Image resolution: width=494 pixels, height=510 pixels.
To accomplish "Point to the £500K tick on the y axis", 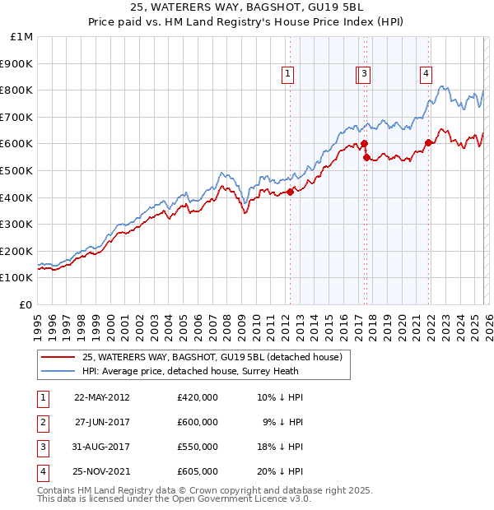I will (16, 170).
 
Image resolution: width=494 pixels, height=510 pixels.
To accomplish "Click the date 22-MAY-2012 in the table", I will (102, 397).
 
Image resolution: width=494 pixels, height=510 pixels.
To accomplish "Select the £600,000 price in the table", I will (197, 422).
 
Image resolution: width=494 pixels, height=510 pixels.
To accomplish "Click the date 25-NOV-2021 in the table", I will (102, 471).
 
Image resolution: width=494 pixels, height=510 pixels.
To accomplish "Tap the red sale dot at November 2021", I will (429, 142).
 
